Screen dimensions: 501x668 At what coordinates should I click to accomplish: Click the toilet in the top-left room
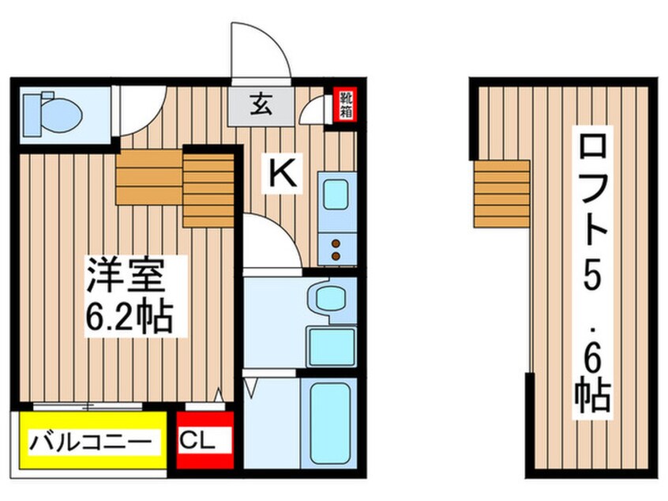click(x=51, y=115)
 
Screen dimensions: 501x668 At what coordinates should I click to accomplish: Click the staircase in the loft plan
click(x=501, y=192)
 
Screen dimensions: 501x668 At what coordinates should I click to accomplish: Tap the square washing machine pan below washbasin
click(x=330, y=345)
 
